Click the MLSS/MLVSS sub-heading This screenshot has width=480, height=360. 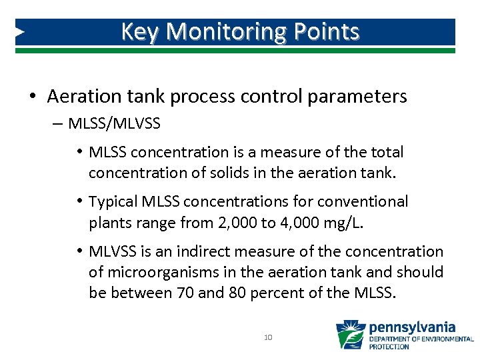[114, 124]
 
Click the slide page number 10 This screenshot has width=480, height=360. [268, 337]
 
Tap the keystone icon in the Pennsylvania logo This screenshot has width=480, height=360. [351, 335]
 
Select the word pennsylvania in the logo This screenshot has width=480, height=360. [412, 327]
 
